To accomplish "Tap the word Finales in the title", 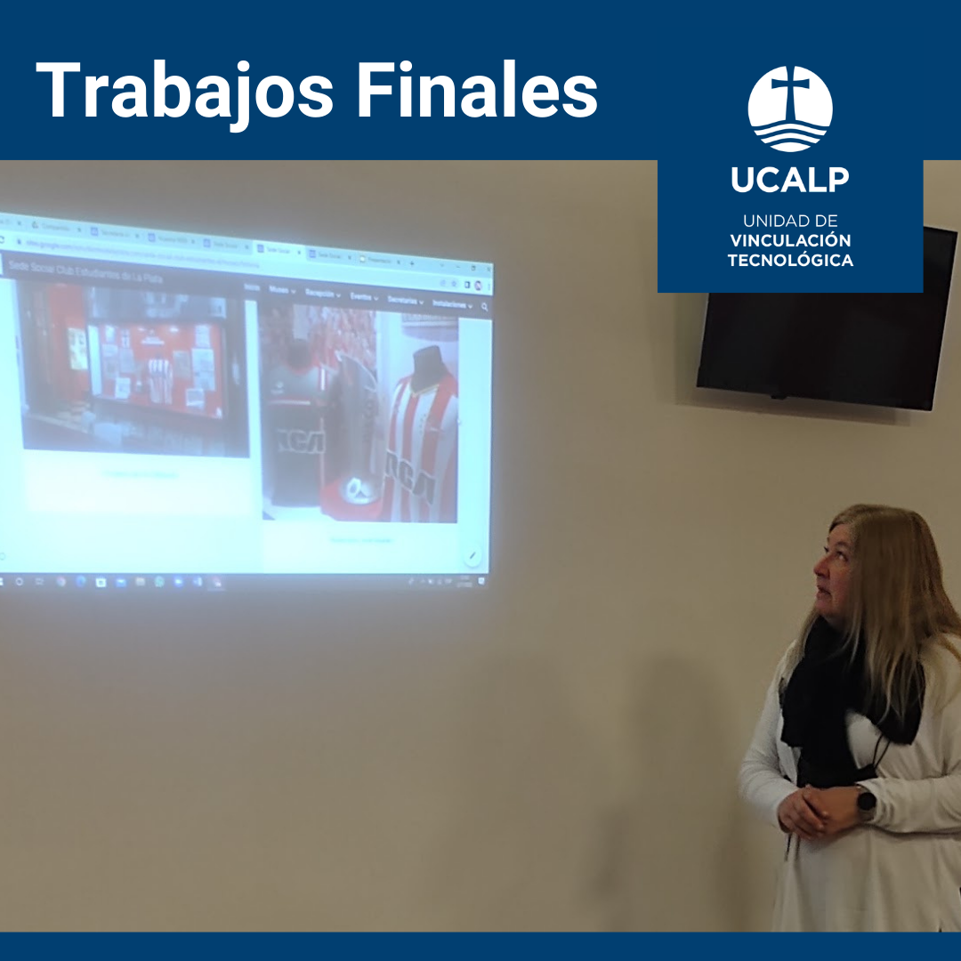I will click(x=486, y=91).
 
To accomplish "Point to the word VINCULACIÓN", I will click(x=790, y=240).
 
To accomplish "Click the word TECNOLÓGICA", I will click(x=790, y=261).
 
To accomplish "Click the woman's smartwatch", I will click(x=864, y=803).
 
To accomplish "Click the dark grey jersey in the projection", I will click(x=294, y=427).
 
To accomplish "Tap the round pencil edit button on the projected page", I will click(x=472, y=556).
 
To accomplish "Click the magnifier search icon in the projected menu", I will click(x=484, y=306).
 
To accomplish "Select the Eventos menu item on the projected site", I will click(x=363, y=297).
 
